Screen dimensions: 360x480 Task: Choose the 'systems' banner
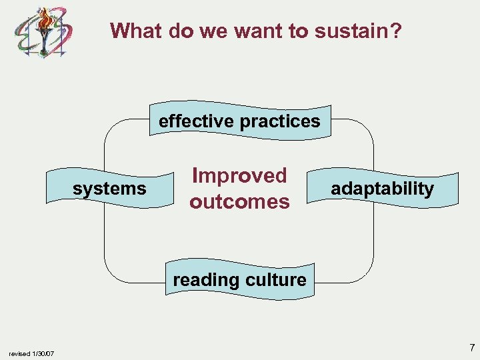[109, 189]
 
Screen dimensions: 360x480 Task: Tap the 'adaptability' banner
[382, 189]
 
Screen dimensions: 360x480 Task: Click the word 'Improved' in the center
[239, 176]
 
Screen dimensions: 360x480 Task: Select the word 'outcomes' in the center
[239, 201]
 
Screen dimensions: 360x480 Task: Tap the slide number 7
[471, 347]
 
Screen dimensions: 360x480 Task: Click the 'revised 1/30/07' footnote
[31, 353]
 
